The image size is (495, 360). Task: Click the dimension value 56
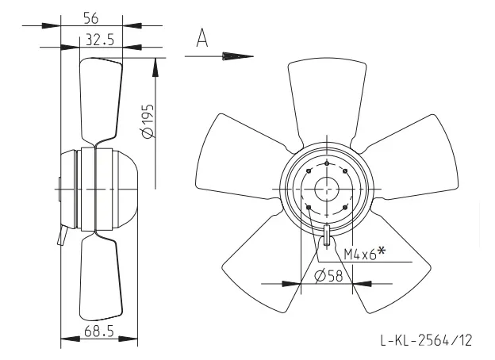tap(91, 18)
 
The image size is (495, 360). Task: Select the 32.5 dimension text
tap(100, 40)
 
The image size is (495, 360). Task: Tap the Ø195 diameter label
tap(148, 121)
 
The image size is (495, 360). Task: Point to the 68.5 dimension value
tap(99, 331)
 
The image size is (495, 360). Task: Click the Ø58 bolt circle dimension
tap(328, 277)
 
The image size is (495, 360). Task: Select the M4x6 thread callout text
tap(360, 254)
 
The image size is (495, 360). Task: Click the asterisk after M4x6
tap(382, 251)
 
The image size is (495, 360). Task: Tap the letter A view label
tap(202, 38)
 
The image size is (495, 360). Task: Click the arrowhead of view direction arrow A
tap(238, 56)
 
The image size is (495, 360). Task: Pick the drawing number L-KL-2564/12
tap(426, 340)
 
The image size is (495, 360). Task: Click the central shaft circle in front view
tap(327, 190)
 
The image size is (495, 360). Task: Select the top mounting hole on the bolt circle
tap(327, 163)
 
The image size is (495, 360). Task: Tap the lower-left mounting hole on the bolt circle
tap(309, 207)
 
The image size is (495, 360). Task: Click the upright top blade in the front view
tap(327, 98)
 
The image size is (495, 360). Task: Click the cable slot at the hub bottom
tap(327, 236)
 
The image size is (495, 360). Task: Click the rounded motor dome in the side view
tap(125, 189)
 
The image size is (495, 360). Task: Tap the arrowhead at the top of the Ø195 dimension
tap(155, 67)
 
